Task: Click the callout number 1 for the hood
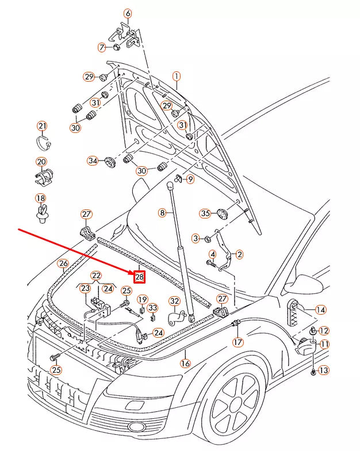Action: point(177,77)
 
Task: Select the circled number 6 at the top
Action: point(128,13)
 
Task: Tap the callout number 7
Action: point(102,47)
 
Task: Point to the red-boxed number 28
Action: point(139,277)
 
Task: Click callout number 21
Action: point(43,126)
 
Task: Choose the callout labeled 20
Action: point(42,162)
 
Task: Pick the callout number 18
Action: point(40,198)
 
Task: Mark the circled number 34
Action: point(93,160)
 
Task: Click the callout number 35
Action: point(205,213)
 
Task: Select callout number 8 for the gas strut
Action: point(163,213)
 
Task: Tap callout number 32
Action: point(174,301)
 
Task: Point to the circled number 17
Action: point(238,342)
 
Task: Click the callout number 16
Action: point(185,363)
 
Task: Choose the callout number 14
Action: point(320,309)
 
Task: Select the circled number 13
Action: point(324,370)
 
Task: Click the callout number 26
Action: point(63,264)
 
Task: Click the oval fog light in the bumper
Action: point(137,426)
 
